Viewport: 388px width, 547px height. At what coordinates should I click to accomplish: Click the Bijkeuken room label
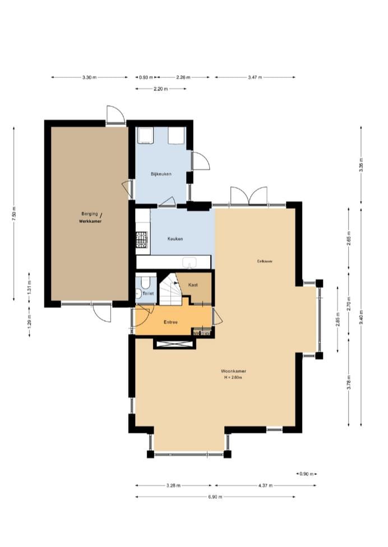coord(161,174)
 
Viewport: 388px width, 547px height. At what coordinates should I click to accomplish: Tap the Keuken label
coord(175,239)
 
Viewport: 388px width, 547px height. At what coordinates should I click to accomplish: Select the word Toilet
coord(148,293)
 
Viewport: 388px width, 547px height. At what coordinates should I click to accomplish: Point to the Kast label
coord(193,285)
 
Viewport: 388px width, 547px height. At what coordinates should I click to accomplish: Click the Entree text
coord(170,322)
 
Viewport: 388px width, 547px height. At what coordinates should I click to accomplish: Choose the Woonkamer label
coord(234,371)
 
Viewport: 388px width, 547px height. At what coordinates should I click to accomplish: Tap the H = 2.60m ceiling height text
coord(234,378)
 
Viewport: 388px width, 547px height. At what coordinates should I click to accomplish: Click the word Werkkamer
coord(90,222)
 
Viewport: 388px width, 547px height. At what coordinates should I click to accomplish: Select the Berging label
coord(90,213)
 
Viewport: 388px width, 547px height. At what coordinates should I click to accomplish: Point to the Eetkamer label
coord(265,261)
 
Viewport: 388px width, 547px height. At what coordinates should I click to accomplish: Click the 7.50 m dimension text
coord(15,213)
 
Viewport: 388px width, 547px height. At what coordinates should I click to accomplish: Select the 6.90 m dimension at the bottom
coord(215,497)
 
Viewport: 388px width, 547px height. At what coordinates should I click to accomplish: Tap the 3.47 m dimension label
coord(255,77)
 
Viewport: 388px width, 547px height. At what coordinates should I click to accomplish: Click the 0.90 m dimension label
coord(307,474)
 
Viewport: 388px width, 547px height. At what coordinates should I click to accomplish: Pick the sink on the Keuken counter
coord(190,261)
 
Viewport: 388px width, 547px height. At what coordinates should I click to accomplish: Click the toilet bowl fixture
coord(145,282)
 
